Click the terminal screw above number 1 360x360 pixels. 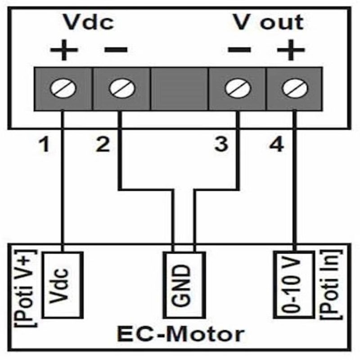click(63, 88)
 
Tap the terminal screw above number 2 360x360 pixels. click(122, 88)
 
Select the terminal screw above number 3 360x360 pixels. click(238, 88)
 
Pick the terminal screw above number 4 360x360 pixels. click(295, 88)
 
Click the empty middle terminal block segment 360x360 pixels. click(179, 89)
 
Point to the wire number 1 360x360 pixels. click(45, 144)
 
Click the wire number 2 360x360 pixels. click(103, 144)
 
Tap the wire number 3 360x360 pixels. click(221, 144)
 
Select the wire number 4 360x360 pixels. click(276, 144)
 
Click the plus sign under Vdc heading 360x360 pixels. click(64, 50)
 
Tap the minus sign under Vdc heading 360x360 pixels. click(116, 49)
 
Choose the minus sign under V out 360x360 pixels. click(239, 49)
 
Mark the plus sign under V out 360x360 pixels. click(291, 50)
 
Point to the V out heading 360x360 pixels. click(268, 22)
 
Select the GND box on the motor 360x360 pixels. click(184, 285)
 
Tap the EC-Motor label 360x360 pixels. click(181, 334)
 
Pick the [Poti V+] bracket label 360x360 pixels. click(26, 288)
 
